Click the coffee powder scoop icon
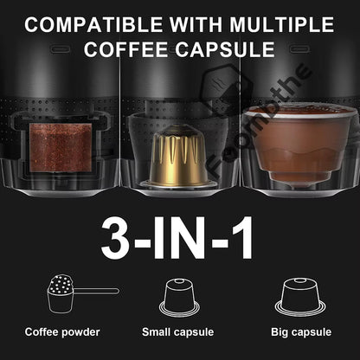pyautogui.click(x=62, y=293)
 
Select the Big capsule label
pyautogui.click(x=299, y=331)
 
